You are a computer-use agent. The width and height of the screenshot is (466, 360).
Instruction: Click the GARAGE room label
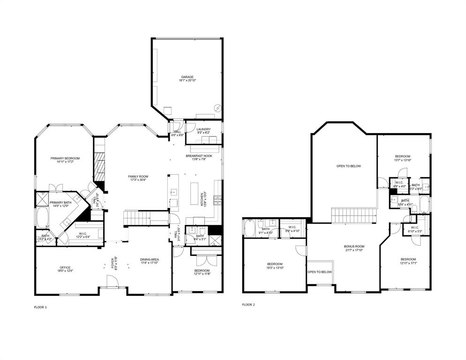pyautogui.click(x=187, y=77)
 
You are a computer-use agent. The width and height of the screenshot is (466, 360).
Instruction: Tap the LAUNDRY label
pyautogui.click(x=203, y=129)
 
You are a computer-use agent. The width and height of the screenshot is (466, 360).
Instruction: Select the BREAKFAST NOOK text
pyautogui.click(x=199, y=156)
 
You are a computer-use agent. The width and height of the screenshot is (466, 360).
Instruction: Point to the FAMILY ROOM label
pyautogui.click(x=138, y=176)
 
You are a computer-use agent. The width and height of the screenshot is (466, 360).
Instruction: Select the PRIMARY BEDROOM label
pyautogui.click(x=65, y=158)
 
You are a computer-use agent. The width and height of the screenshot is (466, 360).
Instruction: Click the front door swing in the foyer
pyautogui.click(x=113, y=281)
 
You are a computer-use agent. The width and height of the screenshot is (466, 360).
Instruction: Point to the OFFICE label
pyautogui.click(x=65, y=268)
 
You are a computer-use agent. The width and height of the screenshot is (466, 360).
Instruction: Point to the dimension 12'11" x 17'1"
pyautogui.click(x=408, y=263)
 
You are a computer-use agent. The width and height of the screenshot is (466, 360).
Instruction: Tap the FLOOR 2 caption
pyautogui.click(x=248, y=305)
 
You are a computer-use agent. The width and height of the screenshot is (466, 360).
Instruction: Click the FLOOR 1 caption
pyautogui.click(x=40, y=307)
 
